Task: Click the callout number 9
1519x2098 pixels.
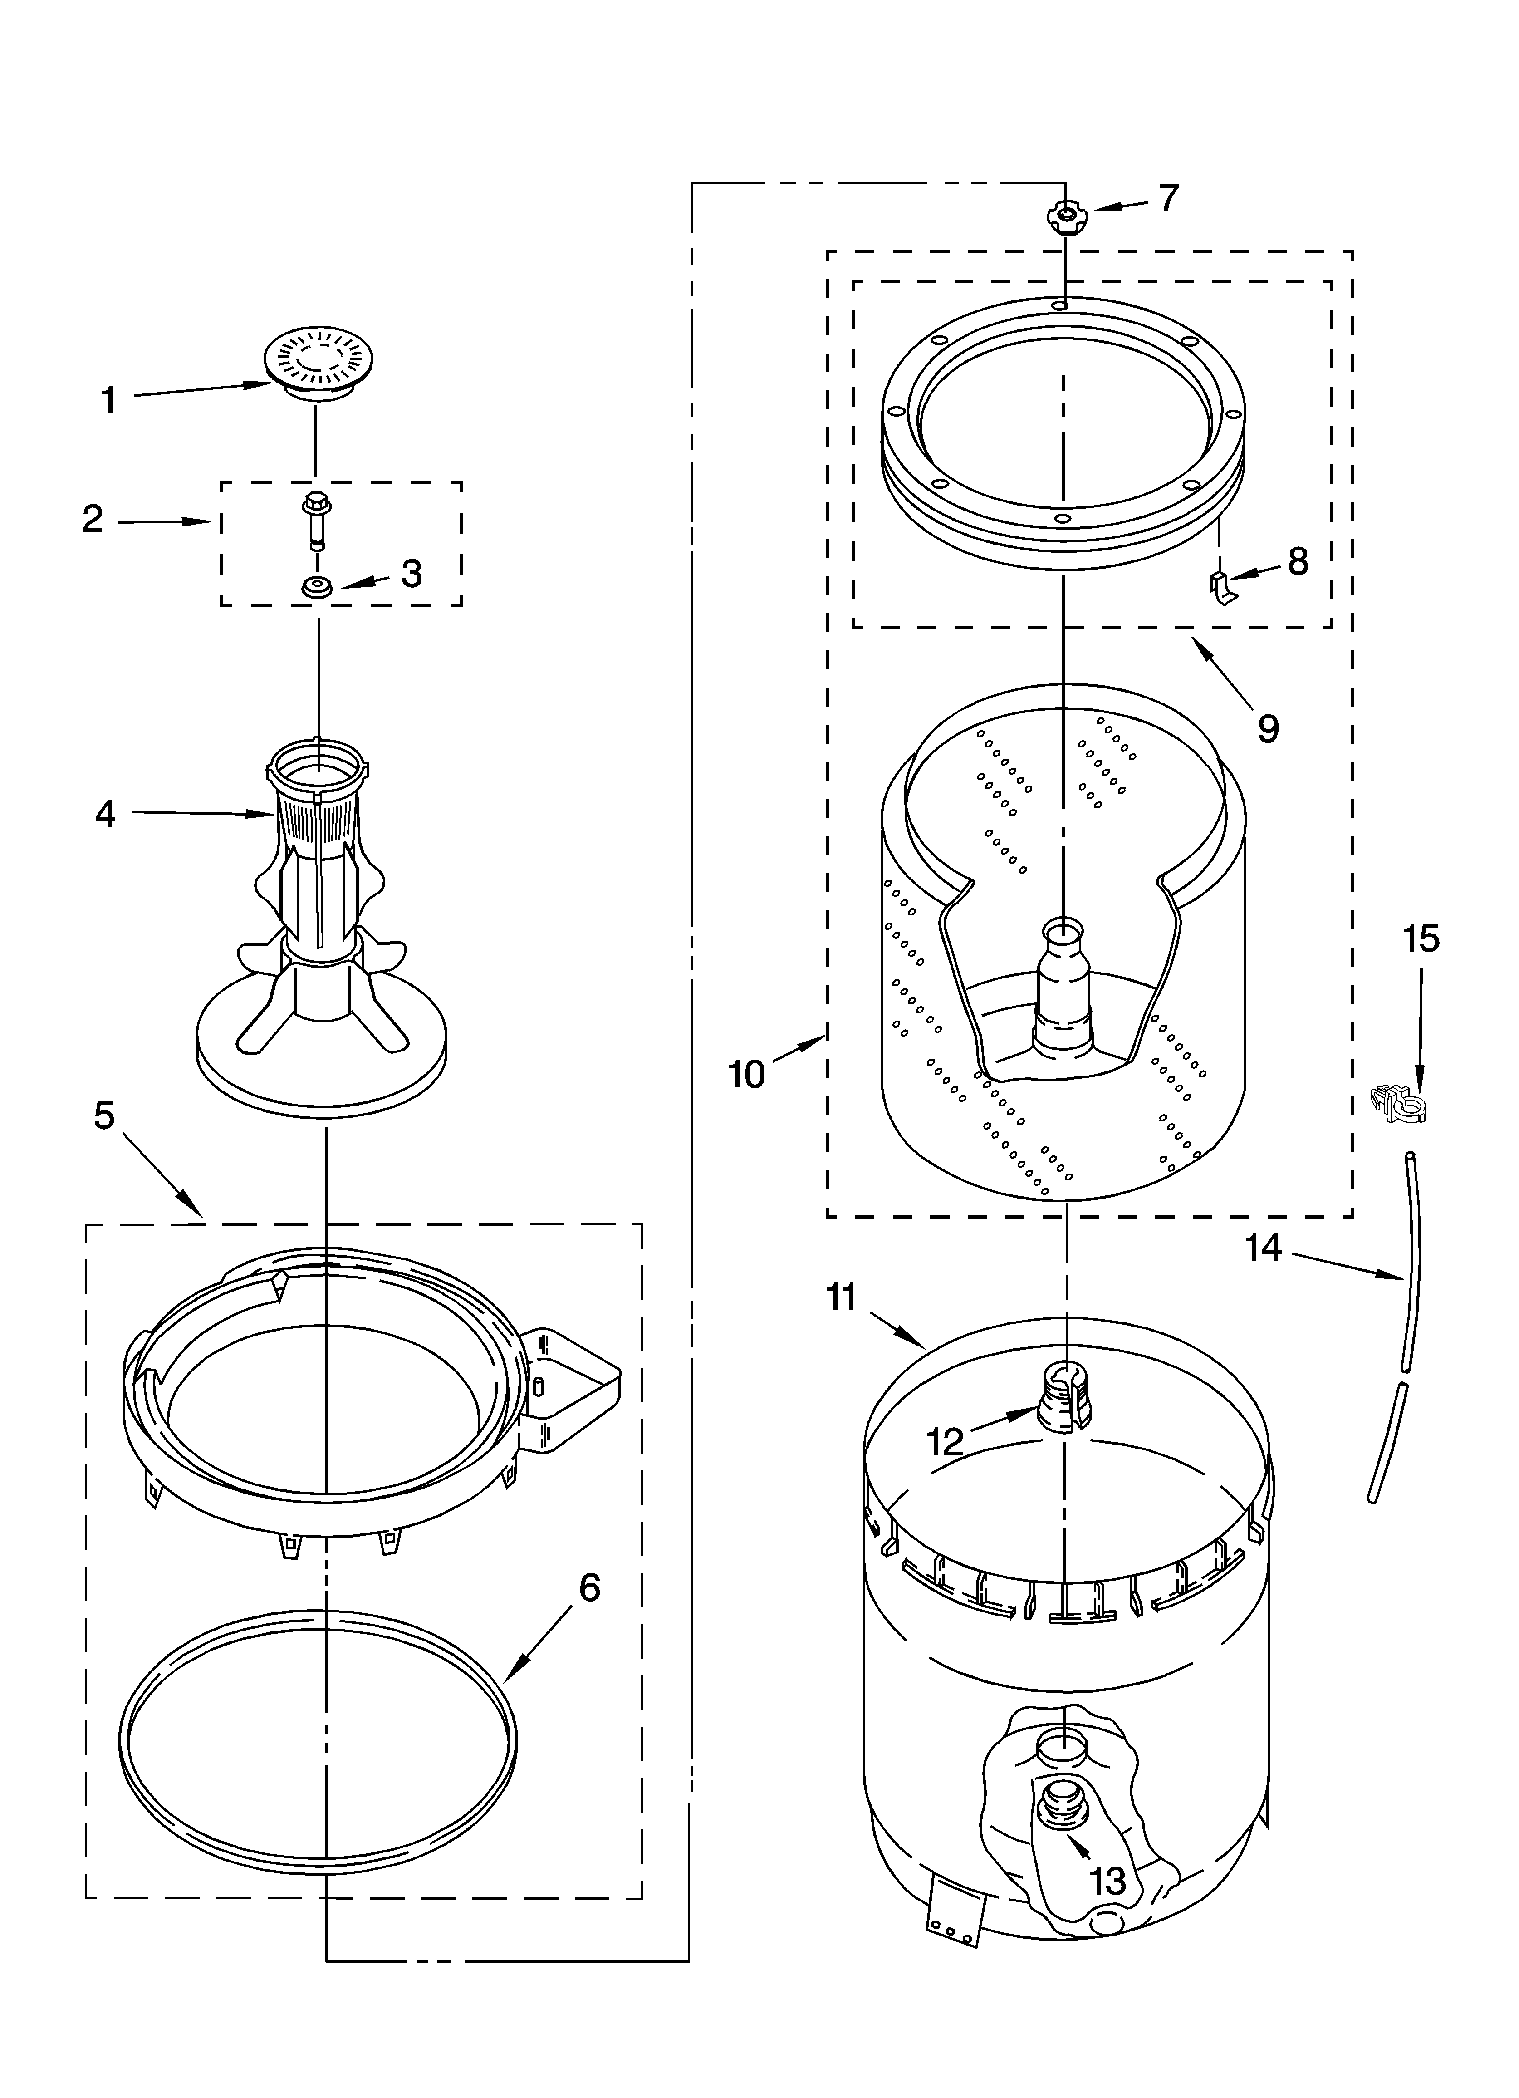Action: click(1268, 730)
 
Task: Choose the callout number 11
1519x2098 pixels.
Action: click(842, 1298)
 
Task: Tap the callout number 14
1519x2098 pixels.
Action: click(1264, 1248)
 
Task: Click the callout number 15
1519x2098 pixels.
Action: click(1421, 939)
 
